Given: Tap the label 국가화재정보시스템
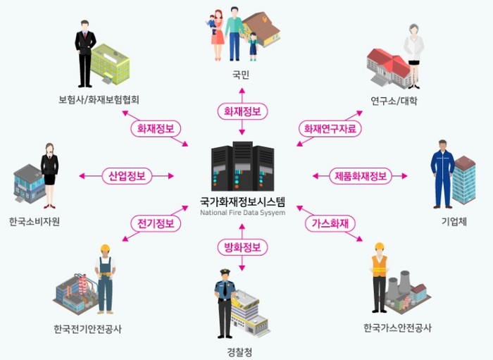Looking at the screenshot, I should coord(242,201).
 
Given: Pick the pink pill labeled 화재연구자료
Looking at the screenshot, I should coord(330,129).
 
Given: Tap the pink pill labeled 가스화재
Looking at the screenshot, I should coord(330,223).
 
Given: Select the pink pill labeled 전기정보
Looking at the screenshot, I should coord(156,223).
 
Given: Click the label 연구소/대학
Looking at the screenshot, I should coord(394,101).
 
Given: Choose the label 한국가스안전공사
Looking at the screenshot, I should coord(397,329).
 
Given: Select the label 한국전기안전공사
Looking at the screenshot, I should coord(87,329).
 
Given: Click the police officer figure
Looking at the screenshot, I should coord(224,303).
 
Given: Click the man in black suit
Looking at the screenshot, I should coord(85,51).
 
